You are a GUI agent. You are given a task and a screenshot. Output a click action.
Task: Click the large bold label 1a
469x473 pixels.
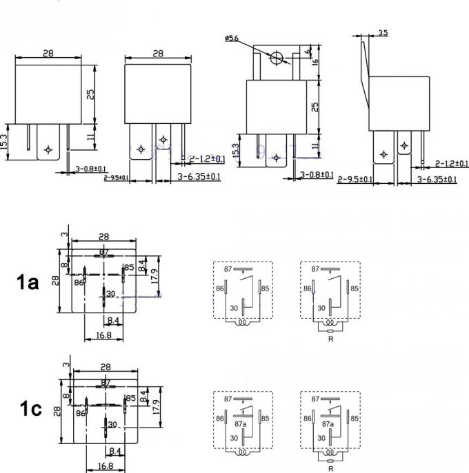[x=31, y=281]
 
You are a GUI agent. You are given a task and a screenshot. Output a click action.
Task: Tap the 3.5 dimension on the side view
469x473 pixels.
[x=383, y=32]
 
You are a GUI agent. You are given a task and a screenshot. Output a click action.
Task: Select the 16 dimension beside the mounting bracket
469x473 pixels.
[x=316, y=62]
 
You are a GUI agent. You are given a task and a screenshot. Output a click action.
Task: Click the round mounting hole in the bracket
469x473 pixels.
[x=277, y=59]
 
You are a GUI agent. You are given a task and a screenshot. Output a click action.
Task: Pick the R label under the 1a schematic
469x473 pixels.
[x=330, y=339]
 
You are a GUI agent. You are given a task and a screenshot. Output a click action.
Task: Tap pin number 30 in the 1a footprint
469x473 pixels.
[x=110, y=293]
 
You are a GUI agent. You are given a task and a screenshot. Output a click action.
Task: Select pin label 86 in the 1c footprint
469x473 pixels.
[x=81, y=412]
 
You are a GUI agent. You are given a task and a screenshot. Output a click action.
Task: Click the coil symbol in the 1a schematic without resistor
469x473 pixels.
[x=242, y=322]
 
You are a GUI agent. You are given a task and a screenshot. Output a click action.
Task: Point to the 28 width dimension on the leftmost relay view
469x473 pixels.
[x=48, y=53]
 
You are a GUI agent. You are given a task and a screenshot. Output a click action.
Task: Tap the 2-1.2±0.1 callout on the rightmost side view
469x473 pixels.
[x=452, y=164]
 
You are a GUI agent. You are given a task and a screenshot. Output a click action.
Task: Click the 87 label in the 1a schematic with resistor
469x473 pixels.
[x=315, y=269]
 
